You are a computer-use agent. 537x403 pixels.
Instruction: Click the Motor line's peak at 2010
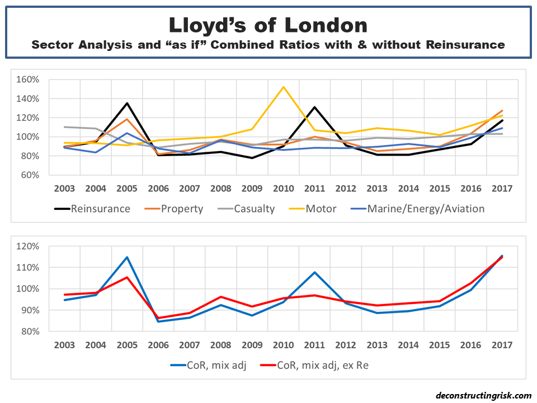pos(284,87)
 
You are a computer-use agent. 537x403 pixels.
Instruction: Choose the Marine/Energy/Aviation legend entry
pos(425,209)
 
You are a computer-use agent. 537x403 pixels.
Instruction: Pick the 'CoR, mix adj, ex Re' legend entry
pos(319,365)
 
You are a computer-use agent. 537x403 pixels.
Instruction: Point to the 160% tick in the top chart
pos(28,79)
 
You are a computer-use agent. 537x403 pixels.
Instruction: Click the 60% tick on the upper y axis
pos(30,175)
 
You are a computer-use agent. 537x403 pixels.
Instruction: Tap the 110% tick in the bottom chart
pos(28,268)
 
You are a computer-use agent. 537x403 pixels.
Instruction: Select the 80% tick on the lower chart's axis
pos(30,331)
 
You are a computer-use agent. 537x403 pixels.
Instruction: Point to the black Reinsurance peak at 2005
pos(127,103)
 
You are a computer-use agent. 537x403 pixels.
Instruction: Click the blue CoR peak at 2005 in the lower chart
pos(127,257)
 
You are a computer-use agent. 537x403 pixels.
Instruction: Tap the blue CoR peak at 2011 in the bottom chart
pos(315,272)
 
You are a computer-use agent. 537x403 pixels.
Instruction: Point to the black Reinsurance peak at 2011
pos(315,107)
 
